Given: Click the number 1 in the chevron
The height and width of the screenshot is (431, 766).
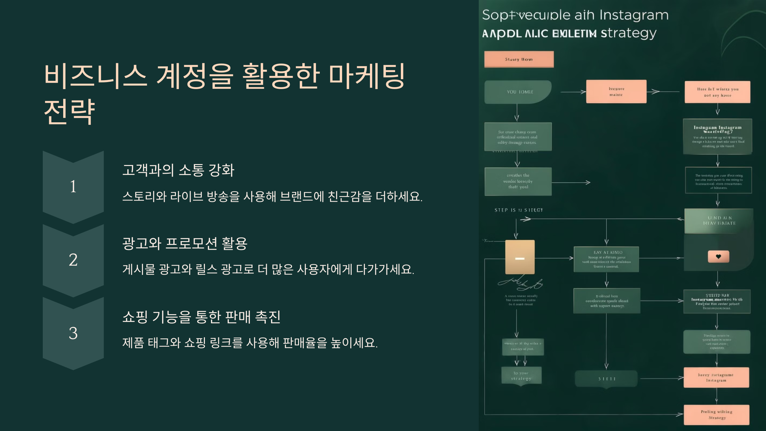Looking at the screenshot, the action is [x=73, y=186].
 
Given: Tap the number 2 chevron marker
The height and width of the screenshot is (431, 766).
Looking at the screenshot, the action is [x=73, y=260].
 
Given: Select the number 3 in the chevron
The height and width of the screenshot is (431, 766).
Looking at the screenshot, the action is [x=73, y=333].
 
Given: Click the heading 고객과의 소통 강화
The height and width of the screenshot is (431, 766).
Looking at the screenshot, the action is [x=178, y=170].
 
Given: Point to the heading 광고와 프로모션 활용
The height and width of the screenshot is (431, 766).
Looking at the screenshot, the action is [x=185, y=243].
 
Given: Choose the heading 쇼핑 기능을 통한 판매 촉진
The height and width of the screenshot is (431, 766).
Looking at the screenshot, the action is [x=201, y=317].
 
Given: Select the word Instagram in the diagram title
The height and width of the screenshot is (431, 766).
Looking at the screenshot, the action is [x=634, y=15].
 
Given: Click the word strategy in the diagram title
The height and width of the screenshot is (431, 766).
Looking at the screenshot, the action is [x=628, y=33].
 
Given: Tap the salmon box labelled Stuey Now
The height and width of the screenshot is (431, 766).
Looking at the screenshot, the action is [x=519, y=59].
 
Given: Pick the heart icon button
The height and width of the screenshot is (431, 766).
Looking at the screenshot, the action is [x=718, y=257].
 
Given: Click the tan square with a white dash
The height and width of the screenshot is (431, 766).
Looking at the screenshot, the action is [x=520, y=257].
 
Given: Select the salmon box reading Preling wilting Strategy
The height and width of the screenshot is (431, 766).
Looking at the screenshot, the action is [x=717, y=415].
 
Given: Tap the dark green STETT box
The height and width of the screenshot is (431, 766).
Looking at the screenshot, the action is [x=606, y=379].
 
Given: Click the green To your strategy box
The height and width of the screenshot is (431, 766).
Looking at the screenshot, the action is [x=521, y=376].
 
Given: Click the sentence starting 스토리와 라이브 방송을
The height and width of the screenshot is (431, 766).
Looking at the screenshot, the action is [x=272, y=196].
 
